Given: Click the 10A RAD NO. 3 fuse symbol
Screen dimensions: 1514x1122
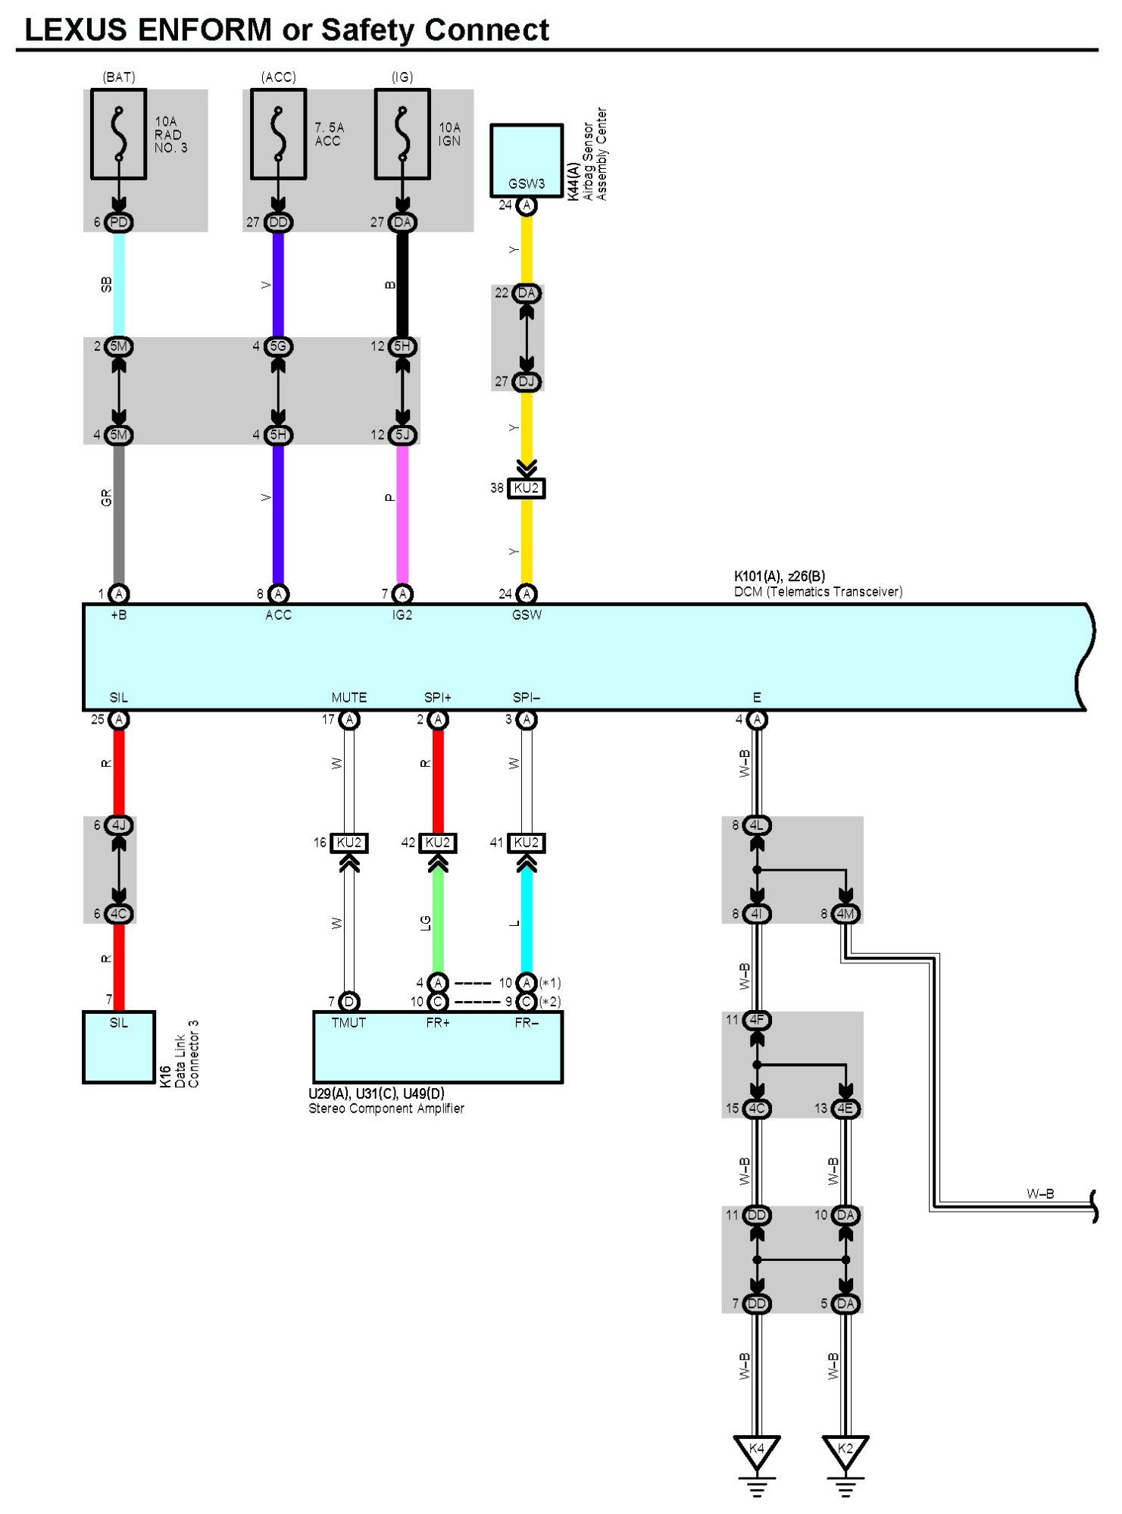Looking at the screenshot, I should pos(118,134).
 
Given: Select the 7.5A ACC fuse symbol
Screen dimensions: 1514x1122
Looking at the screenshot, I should pos(278,134).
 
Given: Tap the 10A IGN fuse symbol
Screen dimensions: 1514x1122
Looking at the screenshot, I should pos(402,134).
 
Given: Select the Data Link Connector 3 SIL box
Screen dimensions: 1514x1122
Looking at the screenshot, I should pos(119,1046).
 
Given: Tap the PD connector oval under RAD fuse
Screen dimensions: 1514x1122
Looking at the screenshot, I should pos(119,222).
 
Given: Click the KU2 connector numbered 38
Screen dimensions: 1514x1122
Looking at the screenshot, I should pos(527,488).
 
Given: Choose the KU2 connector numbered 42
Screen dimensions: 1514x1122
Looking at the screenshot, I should pos(438,843).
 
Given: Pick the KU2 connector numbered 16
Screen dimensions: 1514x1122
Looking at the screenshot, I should pos(349,843).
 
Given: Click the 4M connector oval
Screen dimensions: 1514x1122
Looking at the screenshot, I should pos(845,914).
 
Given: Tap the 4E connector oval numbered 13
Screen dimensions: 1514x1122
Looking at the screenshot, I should pos(845,1109).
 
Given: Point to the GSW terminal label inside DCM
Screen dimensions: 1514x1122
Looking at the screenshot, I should pos(527,615).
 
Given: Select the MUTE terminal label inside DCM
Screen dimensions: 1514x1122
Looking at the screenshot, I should pos(349,697).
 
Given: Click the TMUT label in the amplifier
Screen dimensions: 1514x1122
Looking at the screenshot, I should pos(348,1023).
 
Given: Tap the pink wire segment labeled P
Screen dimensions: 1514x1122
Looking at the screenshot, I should pos(402,515).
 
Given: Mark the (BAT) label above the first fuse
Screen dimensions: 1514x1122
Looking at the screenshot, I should pos(119,77).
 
